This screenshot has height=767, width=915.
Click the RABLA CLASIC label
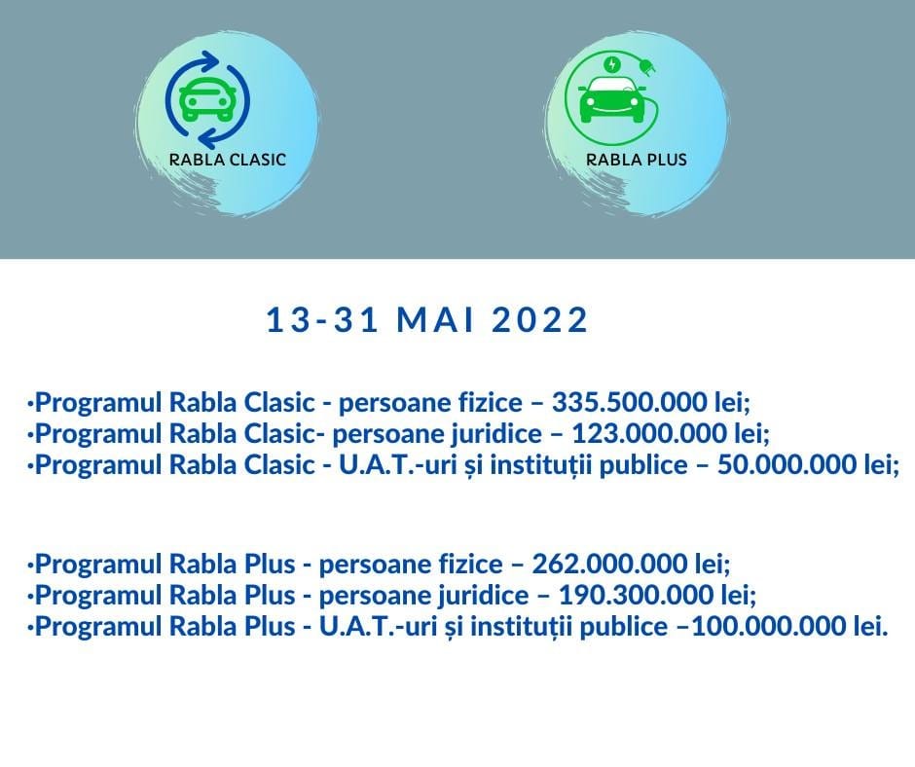[x=228, y=160]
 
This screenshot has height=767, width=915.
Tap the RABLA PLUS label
[x=636, y=160]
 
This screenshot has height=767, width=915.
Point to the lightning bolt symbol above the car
[x=611, y=64]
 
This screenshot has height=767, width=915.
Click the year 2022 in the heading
[x=539, y=320]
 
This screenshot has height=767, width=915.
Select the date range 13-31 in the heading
[x=323, y=320]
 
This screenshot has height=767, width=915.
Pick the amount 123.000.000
[x=649, y=433]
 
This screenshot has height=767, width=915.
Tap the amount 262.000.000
[x=609, y=564]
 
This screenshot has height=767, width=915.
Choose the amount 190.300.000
[x=636, y=595]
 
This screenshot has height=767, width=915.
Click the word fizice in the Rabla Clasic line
[x=489, y=402]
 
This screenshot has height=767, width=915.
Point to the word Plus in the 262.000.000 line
[x=270, y=564]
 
